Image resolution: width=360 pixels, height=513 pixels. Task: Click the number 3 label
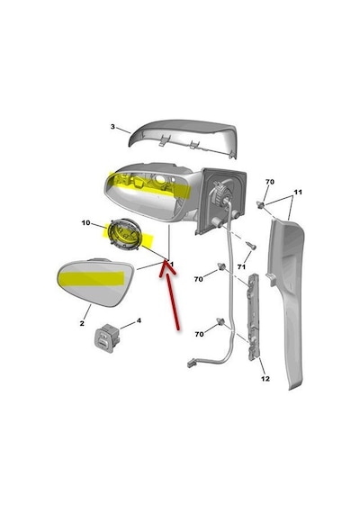pos(112,127)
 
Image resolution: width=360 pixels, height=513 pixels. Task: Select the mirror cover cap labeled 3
pos(184,138)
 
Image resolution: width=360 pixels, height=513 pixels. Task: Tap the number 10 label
pos(85,223)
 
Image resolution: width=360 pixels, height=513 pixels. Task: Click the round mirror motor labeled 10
pos(125,235)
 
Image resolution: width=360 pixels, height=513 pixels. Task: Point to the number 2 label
pos(82,324)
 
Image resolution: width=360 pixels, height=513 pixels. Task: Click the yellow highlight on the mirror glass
pos(91,278)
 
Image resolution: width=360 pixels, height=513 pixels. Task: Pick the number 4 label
pos(139,320)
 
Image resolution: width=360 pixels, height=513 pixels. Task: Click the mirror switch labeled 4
pos(107,338)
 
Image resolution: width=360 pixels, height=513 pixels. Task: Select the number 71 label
pos(241,267)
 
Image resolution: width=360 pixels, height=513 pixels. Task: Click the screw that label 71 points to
pos(251,245)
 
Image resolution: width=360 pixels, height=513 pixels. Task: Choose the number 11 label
pos(298,192)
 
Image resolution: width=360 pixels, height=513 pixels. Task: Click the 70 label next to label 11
pos(270,182)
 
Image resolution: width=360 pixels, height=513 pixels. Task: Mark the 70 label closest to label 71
pos(199,279)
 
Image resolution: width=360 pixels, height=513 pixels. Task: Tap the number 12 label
pos(265,379)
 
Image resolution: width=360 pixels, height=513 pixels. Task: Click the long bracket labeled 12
pos(253,317)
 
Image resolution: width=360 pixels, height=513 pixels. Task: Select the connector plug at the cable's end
pos(192,364)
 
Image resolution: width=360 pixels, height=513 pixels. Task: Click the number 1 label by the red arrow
pos(172,264)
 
